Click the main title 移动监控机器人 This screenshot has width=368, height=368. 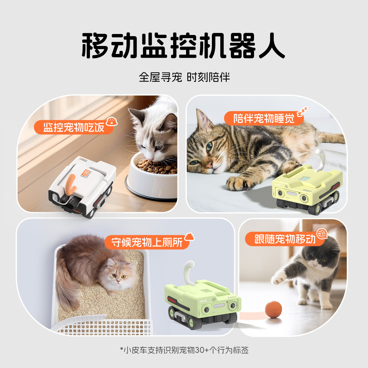coord(183,45)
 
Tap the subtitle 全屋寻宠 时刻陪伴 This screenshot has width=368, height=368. coord(184,77)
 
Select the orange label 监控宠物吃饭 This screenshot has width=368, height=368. coord(74,127)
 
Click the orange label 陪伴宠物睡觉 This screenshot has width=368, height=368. coord(264,118)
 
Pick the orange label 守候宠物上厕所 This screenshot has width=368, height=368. coord(147,242)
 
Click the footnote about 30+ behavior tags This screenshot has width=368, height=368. coord(184,350)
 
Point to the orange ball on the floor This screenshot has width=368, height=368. coord(273,309)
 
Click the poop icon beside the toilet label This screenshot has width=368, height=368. coord(189,237)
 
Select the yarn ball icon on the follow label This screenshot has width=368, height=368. coord(322,234)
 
